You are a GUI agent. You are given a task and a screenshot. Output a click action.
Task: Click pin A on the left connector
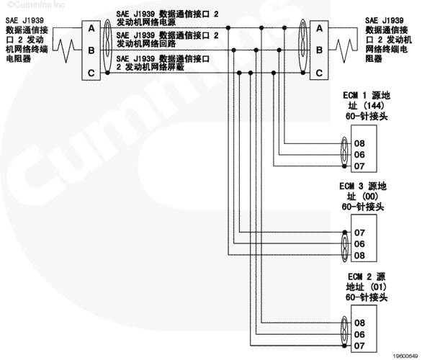[91, 28]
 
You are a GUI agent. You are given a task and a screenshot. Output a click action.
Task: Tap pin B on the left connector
[91, 50]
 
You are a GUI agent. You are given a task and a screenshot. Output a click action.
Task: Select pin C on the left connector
[91, 73]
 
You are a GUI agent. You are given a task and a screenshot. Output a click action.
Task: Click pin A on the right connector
[319, 28]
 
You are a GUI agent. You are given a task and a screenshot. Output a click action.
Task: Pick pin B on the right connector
[319, 50]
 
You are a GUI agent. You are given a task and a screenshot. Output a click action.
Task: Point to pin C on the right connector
[319, 73]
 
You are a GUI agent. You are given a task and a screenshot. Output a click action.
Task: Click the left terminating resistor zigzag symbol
[66, 50]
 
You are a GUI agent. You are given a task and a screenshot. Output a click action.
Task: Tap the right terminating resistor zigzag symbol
[344, 50]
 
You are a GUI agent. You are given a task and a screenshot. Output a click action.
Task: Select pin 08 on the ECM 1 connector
[359, 143]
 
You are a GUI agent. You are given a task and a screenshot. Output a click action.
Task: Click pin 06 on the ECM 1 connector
[359, 155]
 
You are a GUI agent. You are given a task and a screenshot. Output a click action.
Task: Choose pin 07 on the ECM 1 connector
[359, 166]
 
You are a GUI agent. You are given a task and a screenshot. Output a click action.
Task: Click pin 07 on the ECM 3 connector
[359, 233]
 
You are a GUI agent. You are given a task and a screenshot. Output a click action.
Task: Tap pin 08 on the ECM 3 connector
[359, 256]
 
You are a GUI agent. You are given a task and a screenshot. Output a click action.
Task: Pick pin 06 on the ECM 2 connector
[359, 334]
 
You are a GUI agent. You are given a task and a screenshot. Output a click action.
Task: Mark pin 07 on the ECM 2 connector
[359, 346]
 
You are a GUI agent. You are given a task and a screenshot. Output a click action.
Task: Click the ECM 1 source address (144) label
[367, 106]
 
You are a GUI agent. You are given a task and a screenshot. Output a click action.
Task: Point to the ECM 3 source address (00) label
[363, 197]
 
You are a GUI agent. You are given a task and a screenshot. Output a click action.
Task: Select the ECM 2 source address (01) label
[367, 287]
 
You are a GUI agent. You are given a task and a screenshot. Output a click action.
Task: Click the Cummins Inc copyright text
[36, 4]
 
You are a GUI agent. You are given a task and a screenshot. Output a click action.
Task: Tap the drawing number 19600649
[405, 356]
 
